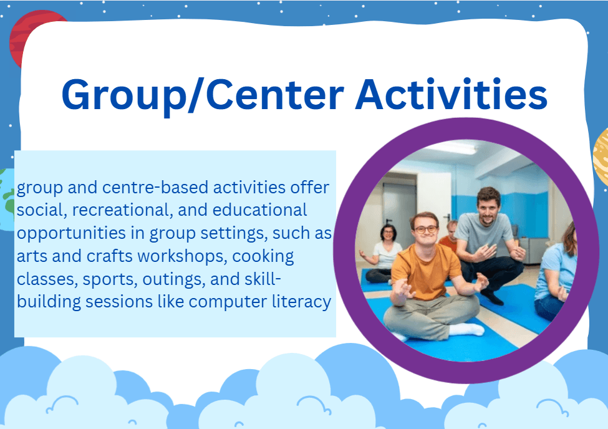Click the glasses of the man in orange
(427, 229)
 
